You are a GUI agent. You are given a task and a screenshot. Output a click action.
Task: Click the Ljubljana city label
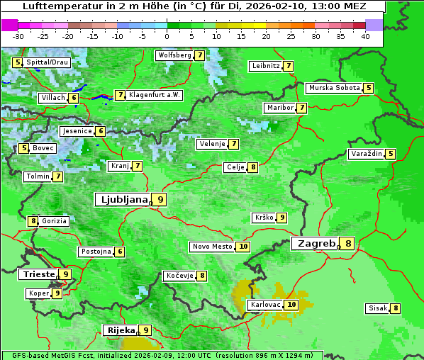click(x=123, y=200)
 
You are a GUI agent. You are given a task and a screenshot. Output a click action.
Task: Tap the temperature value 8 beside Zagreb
click(x=348, y=244)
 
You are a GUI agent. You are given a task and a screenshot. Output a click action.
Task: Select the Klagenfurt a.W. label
click(x=155, y=95)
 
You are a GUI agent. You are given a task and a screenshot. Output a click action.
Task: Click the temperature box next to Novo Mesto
click(x=243, y=247)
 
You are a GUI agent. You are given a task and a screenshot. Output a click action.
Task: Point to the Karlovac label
click(x=265, y=305)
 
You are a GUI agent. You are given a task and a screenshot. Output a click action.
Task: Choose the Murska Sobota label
click(x=334, y=88)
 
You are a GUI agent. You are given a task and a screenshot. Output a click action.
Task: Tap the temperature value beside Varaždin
click(x=391, y=154)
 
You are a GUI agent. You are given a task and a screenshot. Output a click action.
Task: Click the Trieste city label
click(x=38, y=274)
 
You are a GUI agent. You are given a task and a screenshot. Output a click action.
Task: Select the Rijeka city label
click(x=121, y=330)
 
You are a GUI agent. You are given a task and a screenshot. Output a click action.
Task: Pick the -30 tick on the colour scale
click(x=18, y=36)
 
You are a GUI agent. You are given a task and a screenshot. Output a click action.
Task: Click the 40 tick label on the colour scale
click(x=365, y=36)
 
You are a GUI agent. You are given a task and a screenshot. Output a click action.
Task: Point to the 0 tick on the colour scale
click(x=167, y=36)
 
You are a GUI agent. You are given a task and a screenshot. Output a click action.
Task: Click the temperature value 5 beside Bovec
click(x=24, y=148)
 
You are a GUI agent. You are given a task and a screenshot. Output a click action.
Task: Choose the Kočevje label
click(x=179, y=276)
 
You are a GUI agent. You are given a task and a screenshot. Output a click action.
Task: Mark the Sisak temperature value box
click(x=395, y=308)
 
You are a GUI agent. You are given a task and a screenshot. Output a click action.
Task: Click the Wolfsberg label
click(x=174, y=55)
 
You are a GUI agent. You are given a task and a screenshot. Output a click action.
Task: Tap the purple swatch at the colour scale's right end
click(x=374, y=25)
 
